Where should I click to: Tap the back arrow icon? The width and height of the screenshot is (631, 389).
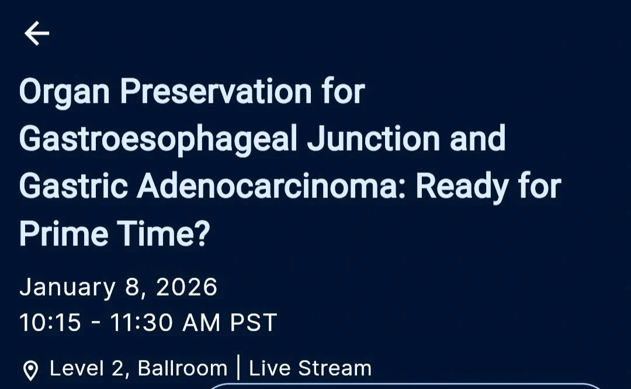pos(37,33)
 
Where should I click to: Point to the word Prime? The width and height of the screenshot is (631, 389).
pos(64,234)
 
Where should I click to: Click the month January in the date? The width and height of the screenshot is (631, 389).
pos(68,288)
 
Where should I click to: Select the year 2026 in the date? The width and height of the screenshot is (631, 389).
pos(187,287)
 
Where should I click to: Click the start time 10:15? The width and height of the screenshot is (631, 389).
pos(50,322)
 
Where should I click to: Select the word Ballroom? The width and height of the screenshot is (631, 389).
pos(182,369)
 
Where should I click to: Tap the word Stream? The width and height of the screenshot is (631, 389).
pos(335,369)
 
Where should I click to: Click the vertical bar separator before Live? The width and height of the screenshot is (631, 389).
pos(238,369)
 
